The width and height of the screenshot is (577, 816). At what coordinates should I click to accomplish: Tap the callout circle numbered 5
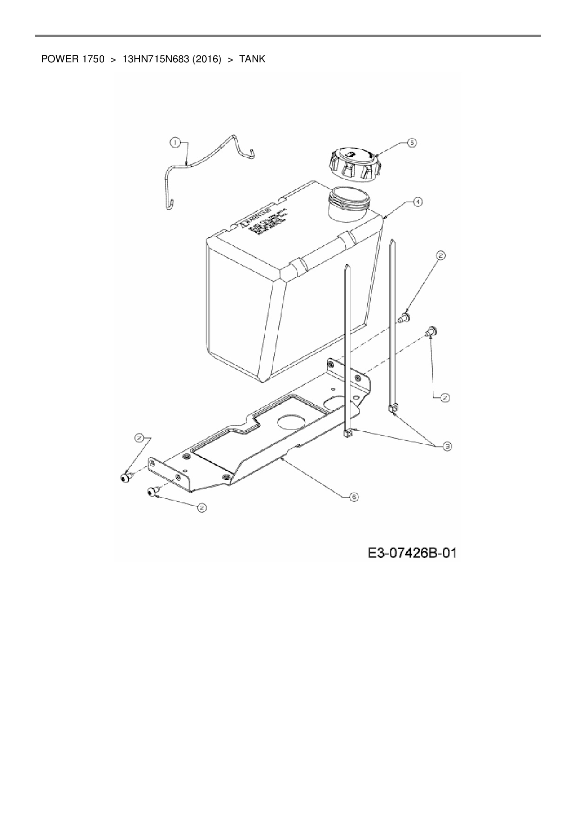[412, 143]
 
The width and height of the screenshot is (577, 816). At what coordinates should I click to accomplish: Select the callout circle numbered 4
[418, 201]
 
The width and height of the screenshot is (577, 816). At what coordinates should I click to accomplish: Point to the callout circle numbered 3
[447, 446]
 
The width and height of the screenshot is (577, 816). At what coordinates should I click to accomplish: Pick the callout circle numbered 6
[354, 497]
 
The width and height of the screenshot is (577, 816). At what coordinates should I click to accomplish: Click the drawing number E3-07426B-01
[412, 553]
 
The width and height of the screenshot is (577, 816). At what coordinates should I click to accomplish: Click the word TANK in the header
[252, 59]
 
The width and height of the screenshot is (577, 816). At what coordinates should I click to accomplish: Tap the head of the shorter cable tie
[348, 433]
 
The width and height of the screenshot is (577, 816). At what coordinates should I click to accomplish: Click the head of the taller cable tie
[392, 408]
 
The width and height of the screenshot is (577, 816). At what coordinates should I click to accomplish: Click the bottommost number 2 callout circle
[201, 508]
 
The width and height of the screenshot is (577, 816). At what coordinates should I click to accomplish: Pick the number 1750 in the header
[93, 59]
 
